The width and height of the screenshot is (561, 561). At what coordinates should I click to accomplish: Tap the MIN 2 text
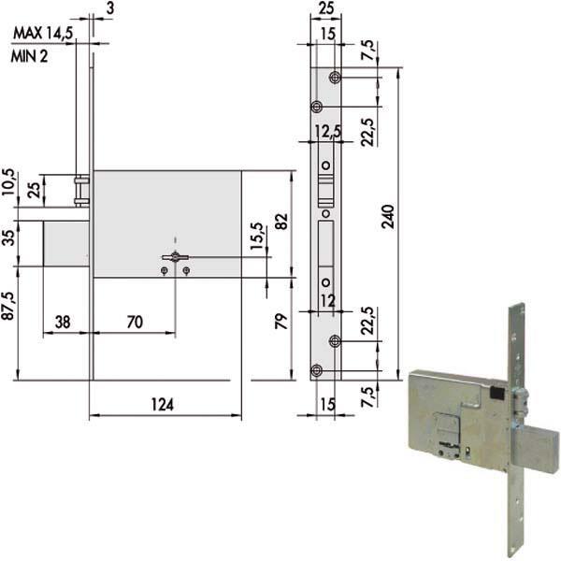point(31,55)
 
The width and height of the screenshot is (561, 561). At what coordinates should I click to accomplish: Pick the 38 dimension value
point(63,321)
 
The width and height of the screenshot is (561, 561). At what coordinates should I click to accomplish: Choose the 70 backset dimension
point(134,321)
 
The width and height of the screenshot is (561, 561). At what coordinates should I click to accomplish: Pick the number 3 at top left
point(110,8)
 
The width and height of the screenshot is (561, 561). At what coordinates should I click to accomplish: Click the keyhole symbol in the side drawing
point(174,257)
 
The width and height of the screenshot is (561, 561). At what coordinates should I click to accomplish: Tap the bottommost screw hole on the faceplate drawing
point(316,371)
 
